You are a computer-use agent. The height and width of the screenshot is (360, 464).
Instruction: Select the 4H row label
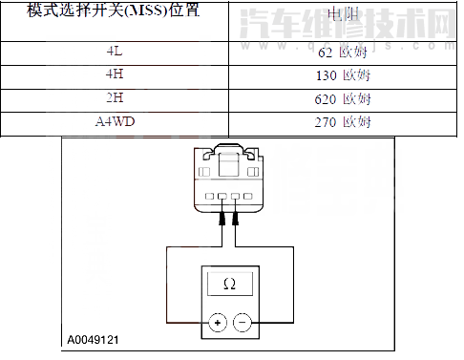point(115,75)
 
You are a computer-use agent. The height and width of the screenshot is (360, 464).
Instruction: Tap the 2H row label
point(115,99)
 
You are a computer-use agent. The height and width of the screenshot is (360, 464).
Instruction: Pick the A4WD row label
point(115,122)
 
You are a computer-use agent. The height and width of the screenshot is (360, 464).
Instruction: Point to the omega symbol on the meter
point(229,285)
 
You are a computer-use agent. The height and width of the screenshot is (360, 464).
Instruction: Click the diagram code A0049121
point(94,339)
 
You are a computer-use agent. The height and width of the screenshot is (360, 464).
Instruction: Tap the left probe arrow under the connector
point(222,220)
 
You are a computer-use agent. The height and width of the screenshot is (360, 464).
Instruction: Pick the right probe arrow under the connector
point(235,220)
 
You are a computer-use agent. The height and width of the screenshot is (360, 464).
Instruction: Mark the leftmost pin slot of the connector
point(209,199)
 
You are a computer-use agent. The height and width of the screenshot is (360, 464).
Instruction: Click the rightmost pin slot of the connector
point(248,199)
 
